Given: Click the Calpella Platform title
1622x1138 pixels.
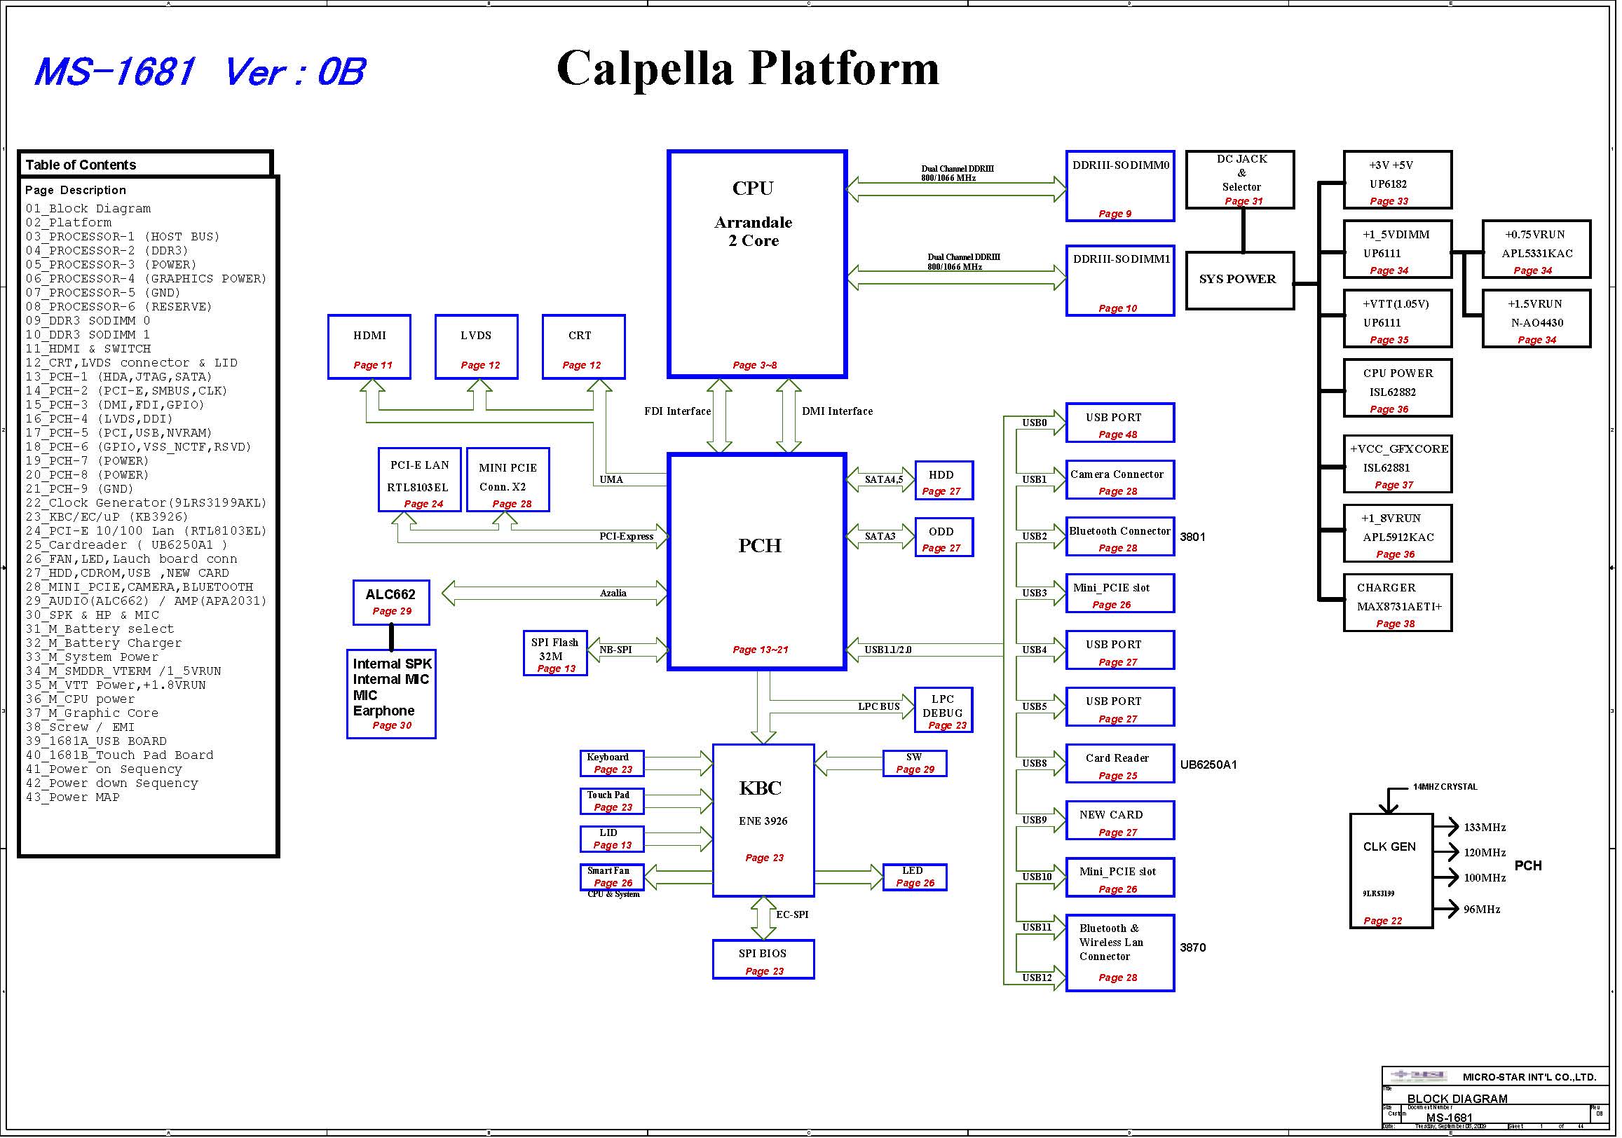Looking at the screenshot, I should tap(747, 69).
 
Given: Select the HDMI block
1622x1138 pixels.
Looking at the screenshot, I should tap(369, 347).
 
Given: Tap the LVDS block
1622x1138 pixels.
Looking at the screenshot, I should tap(477, 347).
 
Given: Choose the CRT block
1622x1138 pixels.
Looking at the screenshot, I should tap(583, 347).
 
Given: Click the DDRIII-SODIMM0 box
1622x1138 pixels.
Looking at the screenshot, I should tap(1120, 186).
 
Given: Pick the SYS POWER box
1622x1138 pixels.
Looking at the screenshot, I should tap(1240, 280).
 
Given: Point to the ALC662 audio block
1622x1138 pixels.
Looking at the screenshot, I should tap(391, 603).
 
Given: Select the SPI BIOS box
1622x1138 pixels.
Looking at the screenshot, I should tap(763, 960).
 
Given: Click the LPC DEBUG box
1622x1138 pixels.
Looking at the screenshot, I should tap(943, 710).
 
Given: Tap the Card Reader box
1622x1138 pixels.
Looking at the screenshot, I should tap(1120, 764).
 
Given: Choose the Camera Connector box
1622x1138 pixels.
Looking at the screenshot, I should tap(1120, 480).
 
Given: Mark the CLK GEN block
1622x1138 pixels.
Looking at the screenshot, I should tap(1391, 871).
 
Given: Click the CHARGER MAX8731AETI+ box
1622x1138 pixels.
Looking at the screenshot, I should tap(1398, 603).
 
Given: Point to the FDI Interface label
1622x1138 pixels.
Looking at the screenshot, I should tap(677, 411).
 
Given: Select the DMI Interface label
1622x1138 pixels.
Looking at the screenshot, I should tap(837, 411).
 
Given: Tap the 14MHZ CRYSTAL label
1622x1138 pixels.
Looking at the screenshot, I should tap(1445, 787).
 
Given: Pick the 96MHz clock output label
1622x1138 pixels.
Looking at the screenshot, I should tap(1481, 910).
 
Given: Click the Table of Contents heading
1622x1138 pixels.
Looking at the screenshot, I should tap(81, 165).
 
